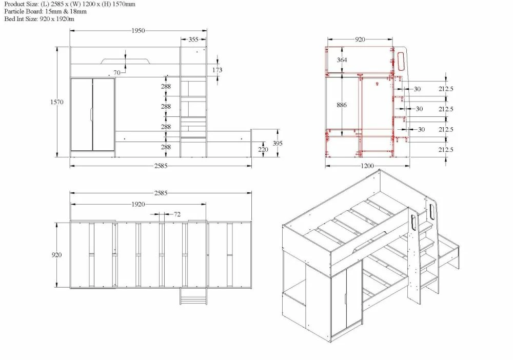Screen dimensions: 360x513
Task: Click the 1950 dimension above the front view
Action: pos(137,31)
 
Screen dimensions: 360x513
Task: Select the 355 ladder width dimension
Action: pos(193,39)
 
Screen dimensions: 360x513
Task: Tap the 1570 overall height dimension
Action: pos(57,102)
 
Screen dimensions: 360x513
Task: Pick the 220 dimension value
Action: pos(263,150)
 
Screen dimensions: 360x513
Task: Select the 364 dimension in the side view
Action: pos(342,60)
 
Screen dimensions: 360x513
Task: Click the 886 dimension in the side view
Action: pos(342,105)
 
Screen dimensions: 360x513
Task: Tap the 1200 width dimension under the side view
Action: pos(367,166)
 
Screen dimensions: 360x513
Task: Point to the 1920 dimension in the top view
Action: pos(137,204)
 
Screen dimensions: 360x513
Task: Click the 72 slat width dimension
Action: pos(177,214)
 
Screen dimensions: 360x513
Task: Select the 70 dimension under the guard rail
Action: pos(117,73)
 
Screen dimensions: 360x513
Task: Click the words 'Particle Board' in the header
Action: pos(20,11)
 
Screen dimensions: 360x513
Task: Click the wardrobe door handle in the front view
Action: pos(91,114)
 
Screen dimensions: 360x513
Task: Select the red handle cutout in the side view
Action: pos(401,60)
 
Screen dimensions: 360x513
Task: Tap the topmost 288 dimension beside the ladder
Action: pos(166,86)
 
